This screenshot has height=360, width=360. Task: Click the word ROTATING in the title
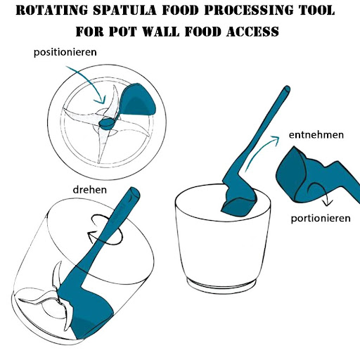click(x=52, y=10)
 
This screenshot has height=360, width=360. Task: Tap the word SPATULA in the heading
click(x=124, y=10)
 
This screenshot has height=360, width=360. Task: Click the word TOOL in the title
click(x=314, y=10)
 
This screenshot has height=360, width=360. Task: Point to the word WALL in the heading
click(x=161, y=32)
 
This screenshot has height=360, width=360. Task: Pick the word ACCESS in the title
click(x=252, y=32)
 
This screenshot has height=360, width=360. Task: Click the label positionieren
click(x=65, y=52)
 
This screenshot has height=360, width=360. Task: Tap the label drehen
click(x=90, y=190)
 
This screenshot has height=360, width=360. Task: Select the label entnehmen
click(x=316, y=135)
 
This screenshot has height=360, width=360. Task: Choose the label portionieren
click(x=321, y=219)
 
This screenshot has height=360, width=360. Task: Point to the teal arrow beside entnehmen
click(x=259, y=153)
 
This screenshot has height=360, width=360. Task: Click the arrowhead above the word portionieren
click(x=328, y=202)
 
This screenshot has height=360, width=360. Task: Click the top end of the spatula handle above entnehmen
click(x=287, y=89)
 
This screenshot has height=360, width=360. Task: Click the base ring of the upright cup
click(x=221, y=284)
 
